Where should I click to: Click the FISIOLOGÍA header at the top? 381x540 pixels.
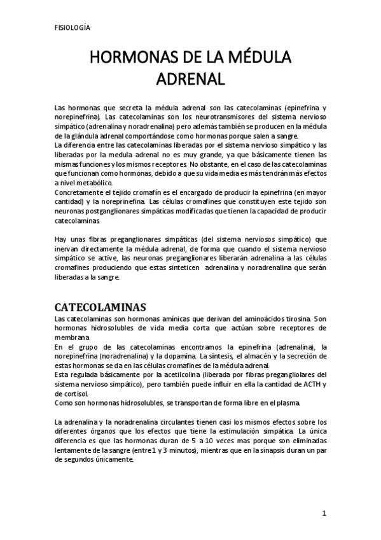coord(72,28)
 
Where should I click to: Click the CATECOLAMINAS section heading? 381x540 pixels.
coord(100,305)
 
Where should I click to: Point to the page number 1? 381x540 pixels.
coord(324,513)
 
